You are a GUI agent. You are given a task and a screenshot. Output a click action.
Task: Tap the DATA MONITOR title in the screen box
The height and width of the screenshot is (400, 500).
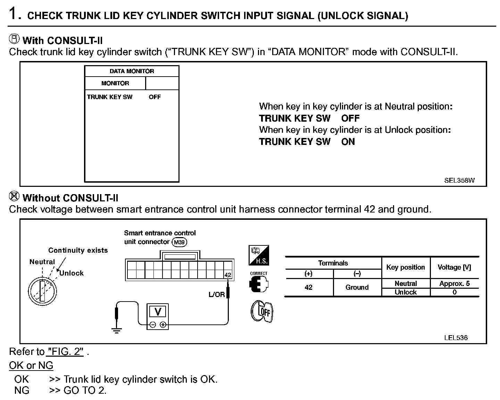(132, 71)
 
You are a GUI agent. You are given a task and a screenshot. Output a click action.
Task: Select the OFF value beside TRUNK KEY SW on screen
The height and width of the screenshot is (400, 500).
(155, 97)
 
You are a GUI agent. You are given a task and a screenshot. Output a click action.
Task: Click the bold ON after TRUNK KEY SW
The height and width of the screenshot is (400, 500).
(348, 142)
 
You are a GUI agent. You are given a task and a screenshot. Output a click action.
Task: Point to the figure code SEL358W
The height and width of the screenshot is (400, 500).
(459, 180)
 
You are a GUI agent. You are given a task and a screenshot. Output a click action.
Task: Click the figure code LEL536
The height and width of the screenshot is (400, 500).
(456, 338)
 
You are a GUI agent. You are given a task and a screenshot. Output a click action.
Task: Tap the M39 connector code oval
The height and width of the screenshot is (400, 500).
(179, 242)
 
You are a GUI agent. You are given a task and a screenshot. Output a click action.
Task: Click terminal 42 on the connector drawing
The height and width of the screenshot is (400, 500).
(228, 275)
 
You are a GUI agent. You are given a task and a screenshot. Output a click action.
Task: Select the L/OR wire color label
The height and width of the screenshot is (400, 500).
(217, 295)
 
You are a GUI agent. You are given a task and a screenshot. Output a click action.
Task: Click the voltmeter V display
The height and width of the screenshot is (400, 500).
(158, 312)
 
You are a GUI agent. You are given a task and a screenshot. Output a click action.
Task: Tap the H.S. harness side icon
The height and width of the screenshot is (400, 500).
(259, 255)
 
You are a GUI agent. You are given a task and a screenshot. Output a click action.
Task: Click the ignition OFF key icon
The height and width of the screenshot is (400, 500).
(262, 311)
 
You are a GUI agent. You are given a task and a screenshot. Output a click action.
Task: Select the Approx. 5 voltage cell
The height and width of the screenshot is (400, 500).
(454, 284)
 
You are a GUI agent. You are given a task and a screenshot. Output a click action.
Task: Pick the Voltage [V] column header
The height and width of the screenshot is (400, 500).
(454, 267)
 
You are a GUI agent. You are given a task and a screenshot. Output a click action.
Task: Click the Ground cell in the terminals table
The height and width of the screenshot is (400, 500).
(357, 287)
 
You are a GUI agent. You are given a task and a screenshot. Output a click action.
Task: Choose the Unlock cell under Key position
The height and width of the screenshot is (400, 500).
(406, 292)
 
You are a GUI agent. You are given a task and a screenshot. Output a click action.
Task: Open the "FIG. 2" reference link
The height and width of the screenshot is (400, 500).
(65, 351)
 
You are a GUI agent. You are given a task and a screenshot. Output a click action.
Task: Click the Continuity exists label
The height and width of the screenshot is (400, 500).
(78, 250)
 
